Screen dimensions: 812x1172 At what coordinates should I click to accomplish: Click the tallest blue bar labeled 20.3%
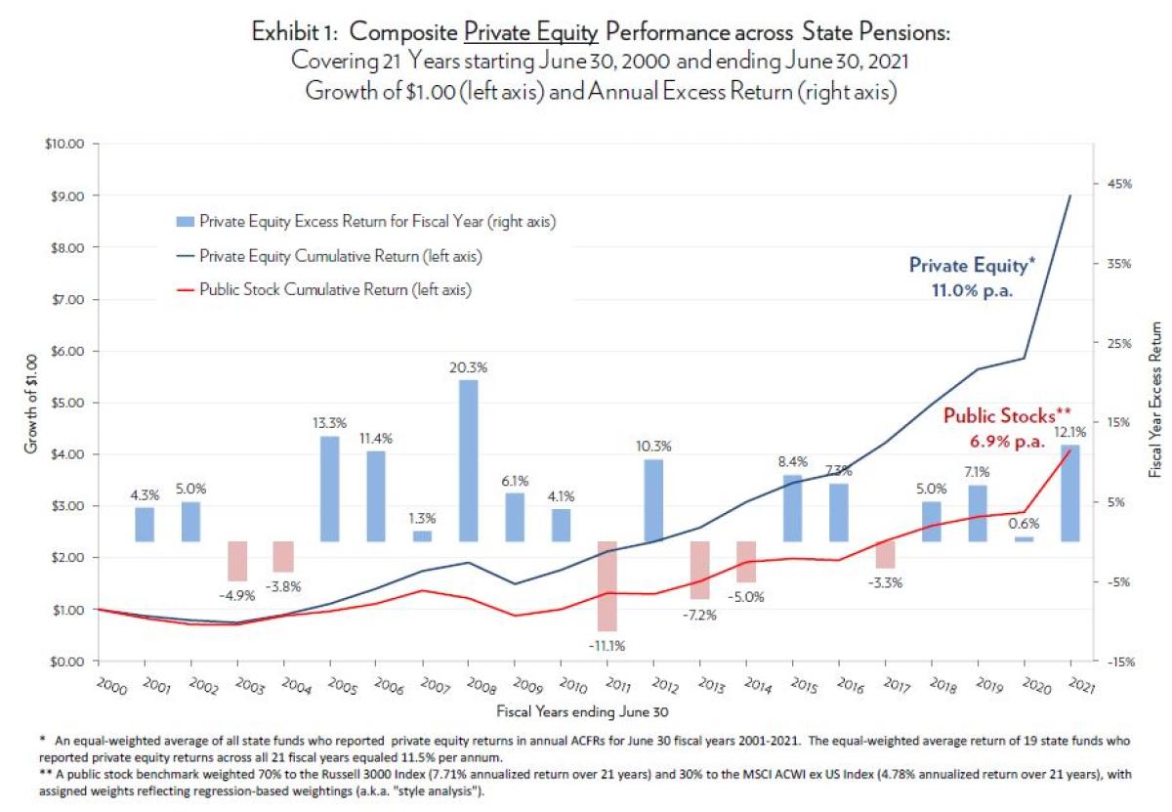coord(468,460)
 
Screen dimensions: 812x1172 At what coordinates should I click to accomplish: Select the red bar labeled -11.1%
coord(607,585)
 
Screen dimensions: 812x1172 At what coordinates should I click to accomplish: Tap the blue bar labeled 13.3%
coord(329,489)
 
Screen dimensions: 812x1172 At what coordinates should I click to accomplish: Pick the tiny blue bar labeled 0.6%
coord(1023,538)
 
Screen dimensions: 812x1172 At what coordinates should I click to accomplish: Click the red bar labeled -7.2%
coord(699,570)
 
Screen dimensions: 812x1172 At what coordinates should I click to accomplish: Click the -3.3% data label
coord(885,583)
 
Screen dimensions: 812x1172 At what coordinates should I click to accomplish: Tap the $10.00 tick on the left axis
coord(66,144)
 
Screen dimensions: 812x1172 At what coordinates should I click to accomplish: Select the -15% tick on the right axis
coord(1120,662)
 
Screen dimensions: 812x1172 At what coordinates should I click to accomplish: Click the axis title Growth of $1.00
coord(30,403)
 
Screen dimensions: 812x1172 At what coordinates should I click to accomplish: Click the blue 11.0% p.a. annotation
coord(970,290)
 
